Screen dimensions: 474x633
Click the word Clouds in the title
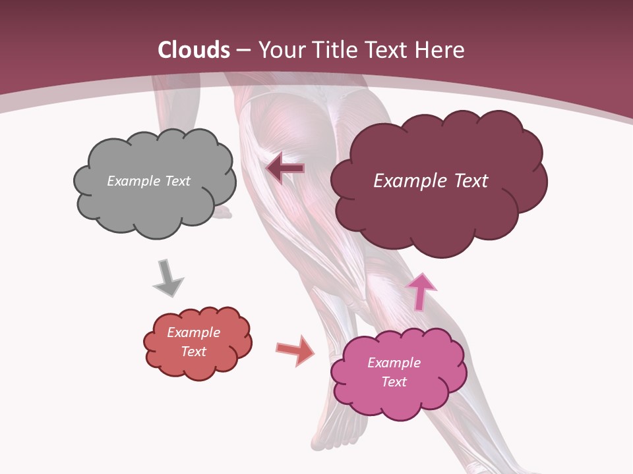pos(194,50)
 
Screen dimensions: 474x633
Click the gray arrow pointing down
pos(167,278)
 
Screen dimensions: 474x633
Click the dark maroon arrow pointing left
pos(286,169)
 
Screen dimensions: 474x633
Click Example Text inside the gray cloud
pos(148,181)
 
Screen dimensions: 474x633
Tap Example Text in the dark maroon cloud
pos(431,181)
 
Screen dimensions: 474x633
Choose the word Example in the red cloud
pos(193,332)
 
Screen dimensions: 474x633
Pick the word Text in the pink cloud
pos(394,382)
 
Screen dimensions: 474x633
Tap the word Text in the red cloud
pos(193,352)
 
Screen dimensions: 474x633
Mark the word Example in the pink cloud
pos(394,363)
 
